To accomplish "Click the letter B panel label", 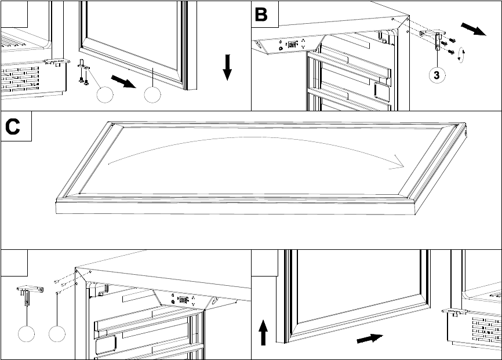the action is [x=261, y=14].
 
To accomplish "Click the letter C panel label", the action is [x=13, y=126].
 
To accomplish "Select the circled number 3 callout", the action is [x=437, y=75].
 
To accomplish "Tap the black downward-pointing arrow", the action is [x=227, y=67].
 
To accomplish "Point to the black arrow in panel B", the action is [x=474, y=29].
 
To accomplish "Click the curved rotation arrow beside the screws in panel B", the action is [x=461, y=54].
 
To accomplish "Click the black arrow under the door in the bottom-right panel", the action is [x=370, y=339].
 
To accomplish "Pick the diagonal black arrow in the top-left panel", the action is [x=123, y=81].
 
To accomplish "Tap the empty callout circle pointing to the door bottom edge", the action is [x=152, y=95].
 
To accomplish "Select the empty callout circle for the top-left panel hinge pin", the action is [x=105, y=95].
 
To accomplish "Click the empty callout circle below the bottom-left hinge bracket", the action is [x=26, y=334].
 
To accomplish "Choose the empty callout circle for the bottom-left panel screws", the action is [x=57, y=334].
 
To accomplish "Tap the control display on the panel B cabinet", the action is [x=292, y=44].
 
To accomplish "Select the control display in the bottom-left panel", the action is [x=183, y=300].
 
